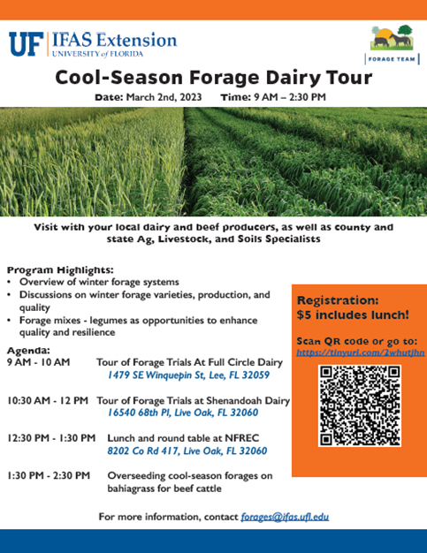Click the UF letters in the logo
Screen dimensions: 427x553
pos(27,44)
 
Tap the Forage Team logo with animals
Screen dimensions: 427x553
pos(392,38)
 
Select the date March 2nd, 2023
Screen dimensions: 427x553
pos(164,97)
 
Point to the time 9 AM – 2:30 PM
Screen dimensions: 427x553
pos(290,97)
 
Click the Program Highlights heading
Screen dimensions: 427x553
pos(60,270)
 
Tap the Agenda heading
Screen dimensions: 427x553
pos(28,351)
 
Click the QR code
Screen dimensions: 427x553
pos(360,406)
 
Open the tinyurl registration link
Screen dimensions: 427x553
pos(361,352)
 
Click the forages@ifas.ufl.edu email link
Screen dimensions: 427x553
pos(285,517)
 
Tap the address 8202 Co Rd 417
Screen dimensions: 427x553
pos(143,451)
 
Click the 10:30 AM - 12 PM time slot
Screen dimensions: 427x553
pos(48,401)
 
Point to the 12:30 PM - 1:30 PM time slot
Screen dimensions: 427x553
pos(51,438)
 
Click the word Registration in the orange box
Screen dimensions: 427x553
pos(338,300)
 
